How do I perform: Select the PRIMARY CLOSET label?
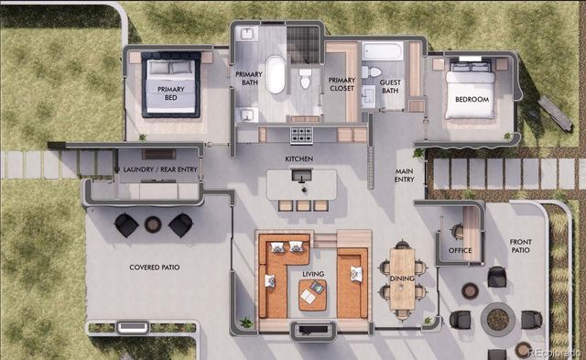[x=342, y=85]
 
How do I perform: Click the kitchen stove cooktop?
[x=302, y=136]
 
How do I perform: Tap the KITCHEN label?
[x=299, y=159]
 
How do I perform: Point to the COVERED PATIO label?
[x=154, y=267]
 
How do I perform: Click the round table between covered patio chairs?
[x=153, y=224]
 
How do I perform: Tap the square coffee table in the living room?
[x=312, y=293]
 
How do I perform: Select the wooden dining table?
[x=401, y=280]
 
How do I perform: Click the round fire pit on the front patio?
[x=497, y=319]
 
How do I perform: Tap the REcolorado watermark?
[x=547, y=350]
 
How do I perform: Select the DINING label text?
[x=402, y=278]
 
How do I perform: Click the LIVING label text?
[x=314, y=272]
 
